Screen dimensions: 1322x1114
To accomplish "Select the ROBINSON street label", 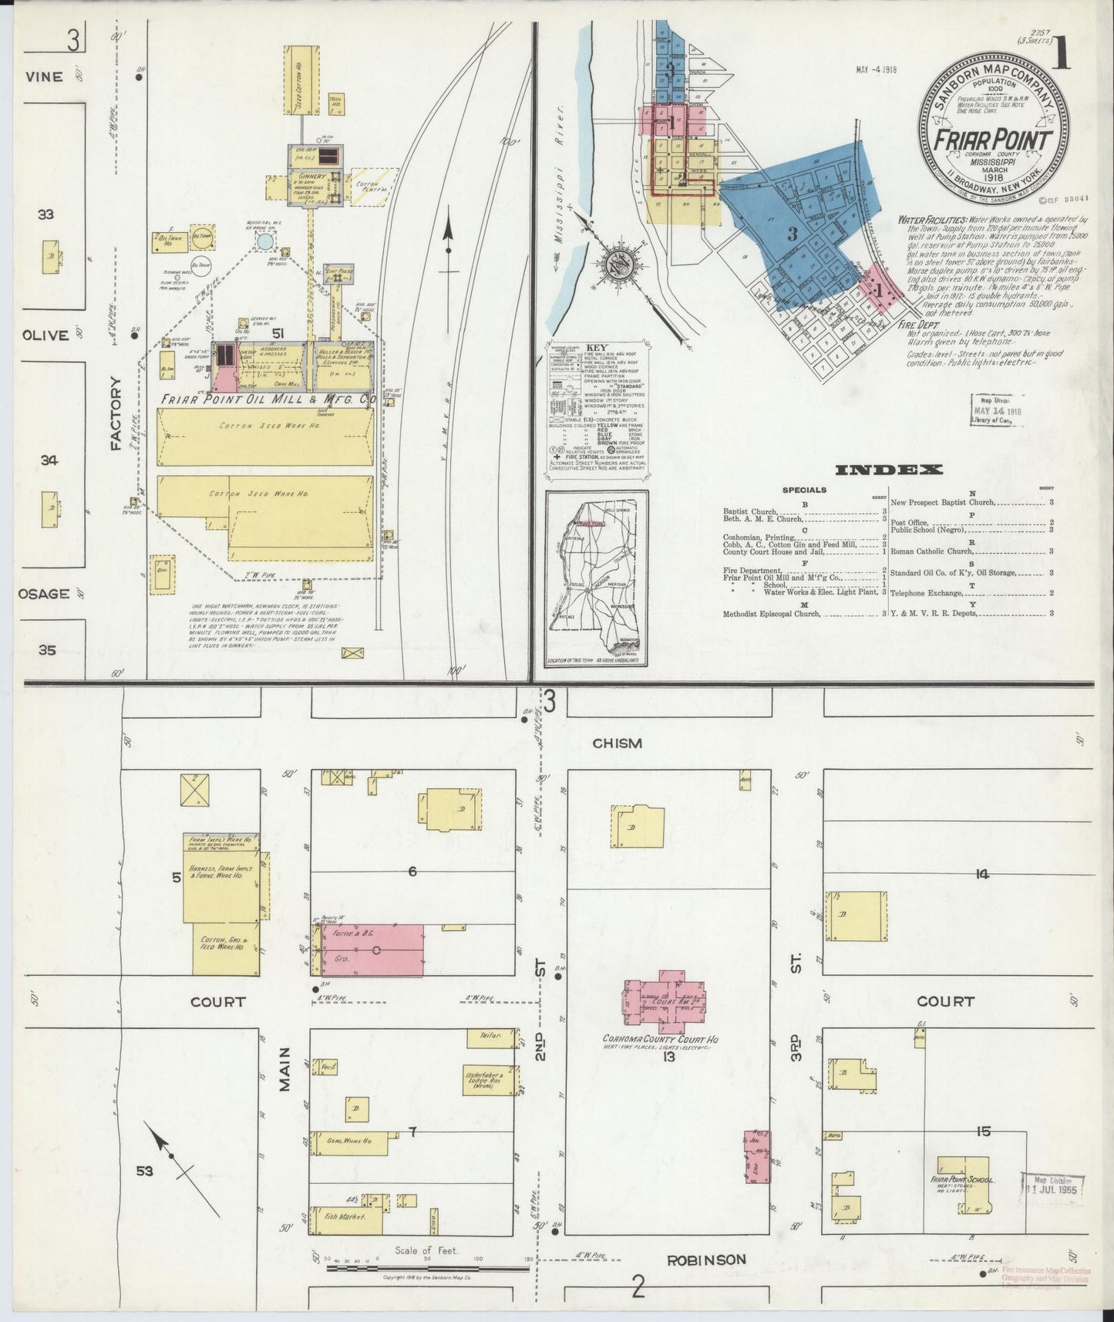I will (707, 1260).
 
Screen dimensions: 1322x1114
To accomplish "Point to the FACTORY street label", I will (116, 413).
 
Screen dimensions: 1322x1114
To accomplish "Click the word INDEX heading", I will (889, 470).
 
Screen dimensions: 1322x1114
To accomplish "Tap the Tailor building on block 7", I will (490, 1037).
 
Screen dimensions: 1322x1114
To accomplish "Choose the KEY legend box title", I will (597, 347).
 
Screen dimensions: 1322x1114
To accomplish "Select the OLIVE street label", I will (45, 336).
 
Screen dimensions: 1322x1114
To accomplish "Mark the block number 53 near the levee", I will (145, 1172).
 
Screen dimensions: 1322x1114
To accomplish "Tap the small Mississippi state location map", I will (597, 578).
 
